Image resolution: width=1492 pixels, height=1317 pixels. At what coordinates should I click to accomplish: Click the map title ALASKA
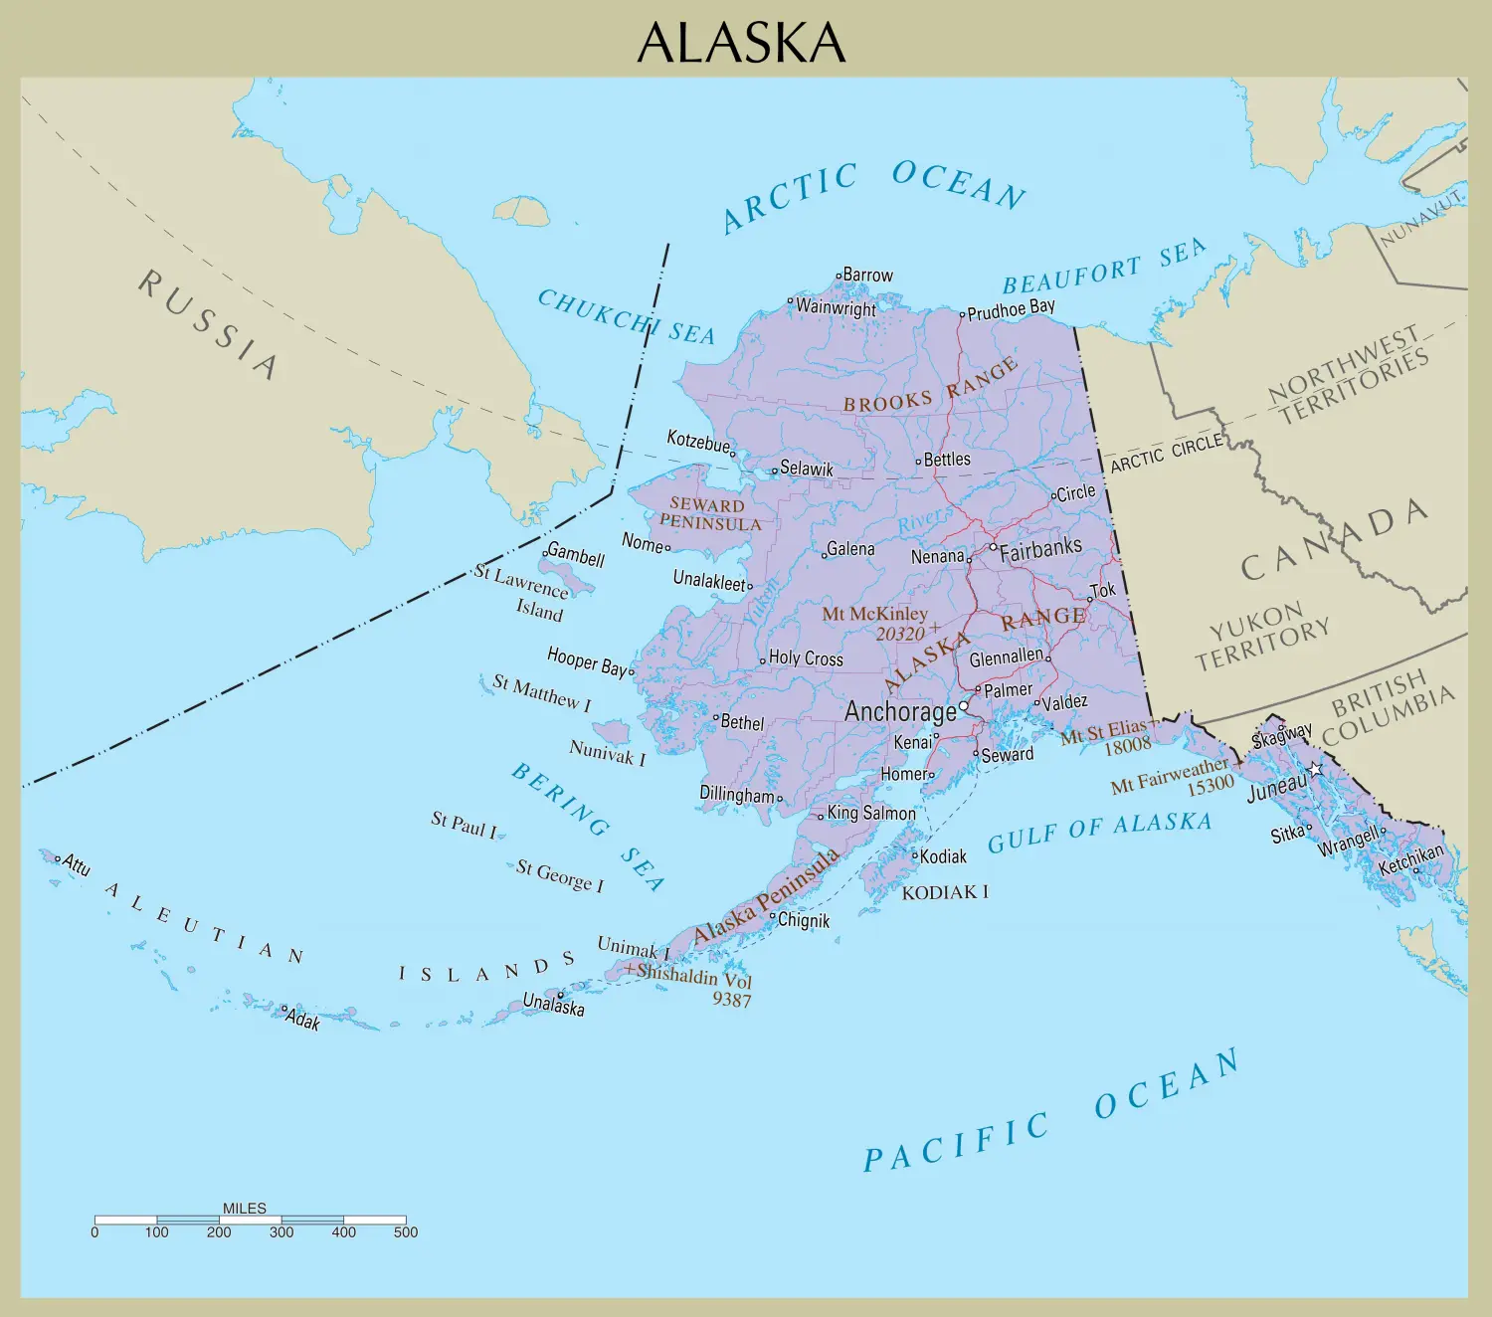[x=741, y=43]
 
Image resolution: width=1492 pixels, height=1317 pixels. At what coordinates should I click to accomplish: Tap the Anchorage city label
[x=899, y=711]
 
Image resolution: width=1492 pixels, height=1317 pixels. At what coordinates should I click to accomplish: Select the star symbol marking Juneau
[x=1316, y=769]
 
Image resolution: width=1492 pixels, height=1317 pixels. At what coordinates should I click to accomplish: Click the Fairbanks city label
[x=1040, y=548]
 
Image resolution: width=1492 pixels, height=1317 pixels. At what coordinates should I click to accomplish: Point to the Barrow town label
[x=867, y=275]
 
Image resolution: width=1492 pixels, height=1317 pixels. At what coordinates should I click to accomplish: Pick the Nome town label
[x=642, y=542]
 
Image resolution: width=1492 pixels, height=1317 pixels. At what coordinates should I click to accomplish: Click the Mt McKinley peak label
[x=874, y=614]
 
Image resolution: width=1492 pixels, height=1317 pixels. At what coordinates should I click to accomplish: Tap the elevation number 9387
[x=731, y=1000]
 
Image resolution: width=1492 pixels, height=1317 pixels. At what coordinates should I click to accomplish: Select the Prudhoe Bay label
[x=1011, y=309]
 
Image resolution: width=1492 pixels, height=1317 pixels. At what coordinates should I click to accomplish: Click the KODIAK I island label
[x=944, y=892]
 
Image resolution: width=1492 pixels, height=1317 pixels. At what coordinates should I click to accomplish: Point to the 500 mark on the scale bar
[x=406, y=1232]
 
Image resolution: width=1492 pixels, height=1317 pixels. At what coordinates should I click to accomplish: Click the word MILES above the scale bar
[x=245, y=1208]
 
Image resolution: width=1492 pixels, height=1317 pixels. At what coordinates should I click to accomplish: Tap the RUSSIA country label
[x=208, y=323]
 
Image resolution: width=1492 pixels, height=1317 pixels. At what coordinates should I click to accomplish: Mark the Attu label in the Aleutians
[x=77, y=864]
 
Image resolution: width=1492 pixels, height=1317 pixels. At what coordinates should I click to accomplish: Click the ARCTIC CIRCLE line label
[x=1166, y=454]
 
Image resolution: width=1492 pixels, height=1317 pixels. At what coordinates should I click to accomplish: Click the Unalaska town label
[x=554, y=1005]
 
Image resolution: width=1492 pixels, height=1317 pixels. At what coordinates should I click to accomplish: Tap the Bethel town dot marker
[x=715, y=717]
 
